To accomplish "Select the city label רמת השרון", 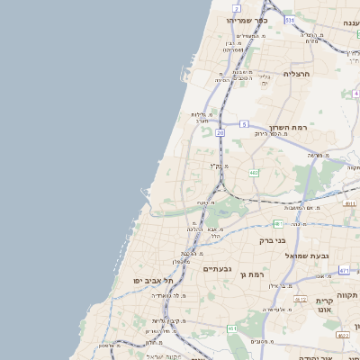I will [x=289, y=128].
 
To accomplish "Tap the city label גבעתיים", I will [x=218, y=268].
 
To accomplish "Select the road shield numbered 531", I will [x=289, y=19].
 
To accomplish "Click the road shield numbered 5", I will [x=244, y=124].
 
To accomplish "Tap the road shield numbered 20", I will [x=220, y=132].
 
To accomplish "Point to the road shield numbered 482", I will [x=254, y=172].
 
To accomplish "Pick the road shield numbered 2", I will [x=236, y=7].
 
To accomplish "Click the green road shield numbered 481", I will [x=278, y=222].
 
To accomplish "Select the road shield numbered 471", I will [x=345, y=270].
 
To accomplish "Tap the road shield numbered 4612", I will [x=301, y=300].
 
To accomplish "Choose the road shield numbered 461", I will [x=232, y=329].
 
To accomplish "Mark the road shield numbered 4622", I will [x=342, y=334].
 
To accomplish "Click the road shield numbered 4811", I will [x=350, y=203].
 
